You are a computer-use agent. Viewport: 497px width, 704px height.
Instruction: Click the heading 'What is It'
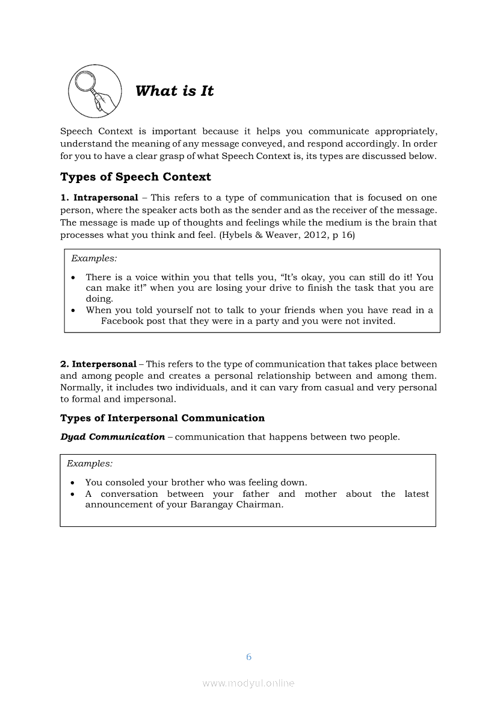[x=174, y=91]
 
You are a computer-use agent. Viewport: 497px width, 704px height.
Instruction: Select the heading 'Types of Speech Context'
[x=135, y=177]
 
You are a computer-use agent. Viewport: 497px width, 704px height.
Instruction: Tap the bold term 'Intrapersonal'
[x=106, y=198]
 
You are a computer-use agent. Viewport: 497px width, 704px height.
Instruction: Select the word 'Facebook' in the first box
[x=122, y=321]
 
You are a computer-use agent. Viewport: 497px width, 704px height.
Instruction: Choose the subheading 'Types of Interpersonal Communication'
[x=162, y=418]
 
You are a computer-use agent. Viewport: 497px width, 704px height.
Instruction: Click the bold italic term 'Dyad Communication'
[x=113, y=437]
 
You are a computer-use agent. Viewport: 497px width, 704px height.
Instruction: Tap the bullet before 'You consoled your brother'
[x=73, y=483]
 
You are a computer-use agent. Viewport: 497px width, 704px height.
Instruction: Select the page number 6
[x=248, y=656]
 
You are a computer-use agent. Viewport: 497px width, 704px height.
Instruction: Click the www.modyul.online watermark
[x=248, y=683]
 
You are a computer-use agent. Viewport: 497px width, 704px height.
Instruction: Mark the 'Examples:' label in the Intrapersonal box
[x=94, y=258]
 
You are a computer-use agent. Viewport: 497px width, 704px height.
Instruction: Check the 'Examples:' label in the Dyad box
[x=90, y=464]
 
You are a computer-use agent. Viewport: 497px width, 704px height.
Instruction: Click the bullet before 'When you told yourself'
[x=73, y=311]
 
